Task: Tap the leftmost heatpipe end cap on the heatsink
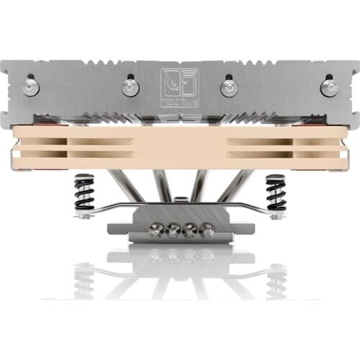coord(30,86)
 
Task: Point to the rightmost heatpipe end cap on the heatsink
coord(328,86)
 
